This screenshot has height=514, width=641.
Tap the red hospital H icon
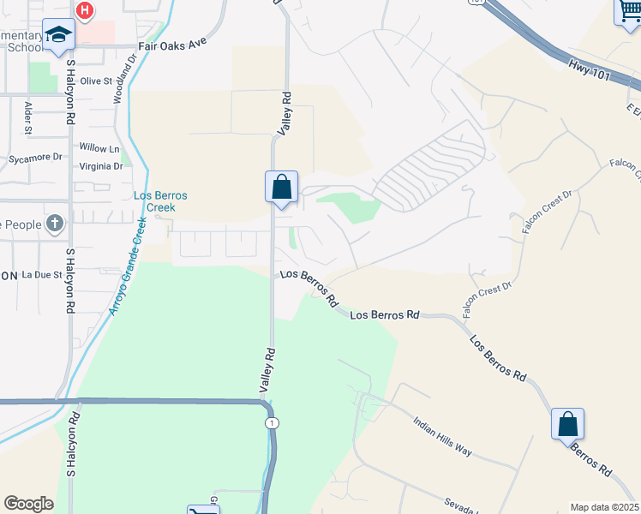(x=85, y=10)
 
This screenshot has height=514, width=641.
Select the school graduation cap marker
(x=58, y=34)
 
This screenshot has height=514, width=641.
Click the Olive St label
(x=96, y=81)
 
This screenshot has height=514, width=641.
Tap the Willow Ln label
(x=99, y=148)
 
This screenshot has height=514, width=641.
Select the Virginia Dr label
(x=100, y=166)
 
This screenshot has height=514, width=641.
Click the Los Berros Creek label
(x=160, y=201)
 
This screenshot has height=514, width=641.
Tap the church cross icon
(x=55, y=225)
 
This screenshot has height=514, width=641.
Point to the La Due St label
(x=42, y=275)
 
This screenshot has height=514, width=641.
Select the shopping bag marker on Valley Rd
(x=282, y=186)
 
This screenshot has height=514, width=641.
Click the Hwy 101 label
(x=589, y=71)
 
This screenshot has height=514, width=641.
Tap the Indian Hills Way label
(x=442, y=436)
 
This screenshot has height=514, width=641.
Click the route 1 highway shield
(x=272, y=423)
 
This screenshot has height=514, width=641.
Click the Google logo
(x=28, y=504)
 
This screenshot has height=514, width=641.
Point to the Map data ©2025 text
(x=604, y=507)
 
